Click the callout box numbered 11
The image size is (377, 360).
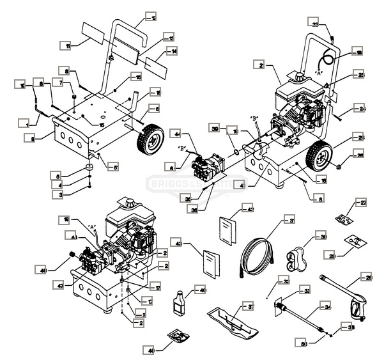pyautogui.click(x=65, y=45)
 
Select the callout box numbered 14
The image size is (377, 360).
pyautogui.click(x=171, y=51)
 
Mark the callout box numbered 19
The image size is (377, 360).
pyautogui.click(x=358, y=52)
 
